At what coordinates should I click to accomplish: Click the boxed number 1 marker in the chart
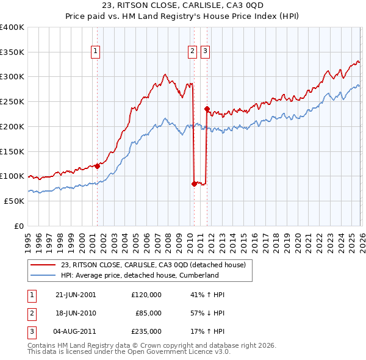[97, 52]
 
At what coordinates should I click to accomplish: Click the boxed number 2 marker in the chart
[193, 52]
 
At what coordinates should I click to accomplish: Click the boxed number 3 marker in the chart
[205, 52]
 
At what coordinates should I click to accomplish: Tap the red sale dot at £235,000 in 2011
[207, 109]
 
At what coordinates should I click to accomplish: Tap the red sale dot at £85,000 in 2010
[194, 183]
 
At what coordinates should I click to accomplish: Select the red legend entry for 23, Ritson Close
[152, 265]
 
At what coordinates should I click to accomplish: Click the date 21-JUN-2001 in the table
[76, 295]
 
